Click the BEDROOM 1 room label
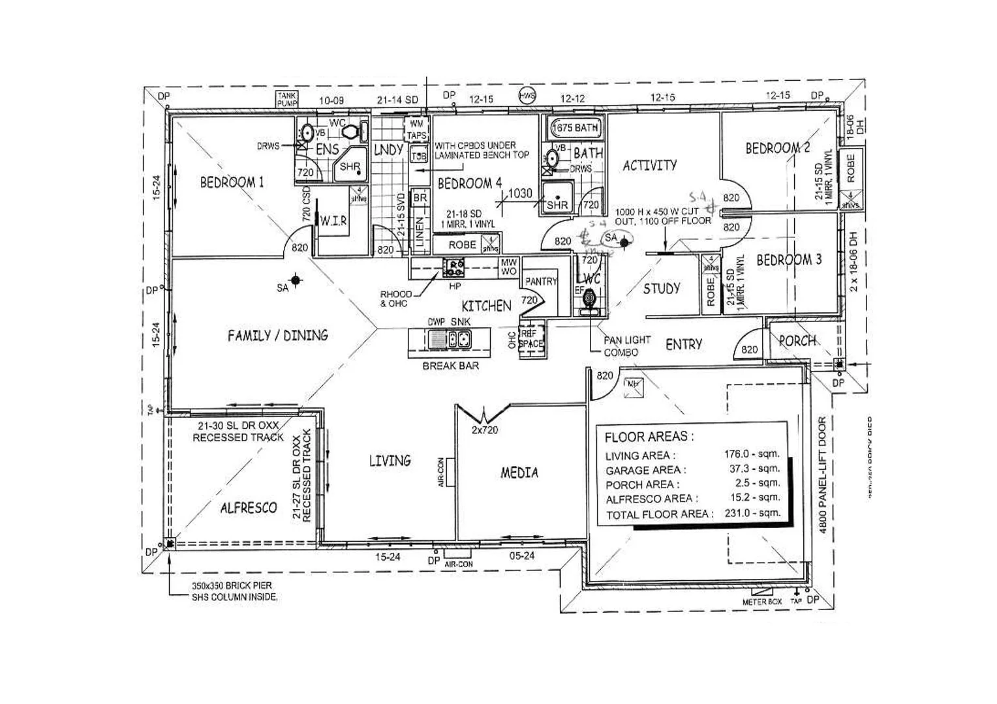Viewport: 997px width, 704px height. tap(232, 182)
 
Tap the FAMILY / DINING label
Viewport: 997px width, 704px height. tap(277, 336)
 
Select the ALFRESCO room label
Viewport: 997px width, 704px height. tap(248, 508)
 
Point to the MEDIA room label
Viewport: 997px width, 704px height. tap(519, 473)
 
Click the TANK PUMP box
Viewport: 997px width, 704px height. tap(287, 99)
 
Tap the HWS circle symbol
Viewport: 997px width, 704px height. tap(527, 96)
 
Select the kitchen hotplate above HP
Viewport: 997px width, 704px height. tap(453, 266)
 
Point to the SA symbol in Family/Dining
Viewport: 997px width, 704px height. tap(296, 280)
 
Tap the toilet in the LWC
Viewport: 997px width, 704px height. tap(589, 299)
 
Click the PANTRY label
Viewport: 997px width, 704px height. tap(541, 282)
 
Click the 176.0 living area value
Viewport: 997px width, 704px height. tap(751, 454)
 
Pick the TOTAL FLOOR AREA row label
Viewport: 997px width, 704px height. tap(659, 514)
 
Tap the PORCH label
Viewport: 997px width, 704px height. tap(797, 340)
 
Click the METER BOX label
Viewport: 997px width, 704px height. tap(761, 602)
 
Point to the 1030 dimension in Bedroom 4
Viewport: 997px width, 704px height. tap(520, 194)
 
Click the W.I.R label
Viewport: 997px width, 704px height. tap(333, 222)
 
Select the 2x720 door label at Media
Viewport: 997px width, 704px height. tap(485, 430)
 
